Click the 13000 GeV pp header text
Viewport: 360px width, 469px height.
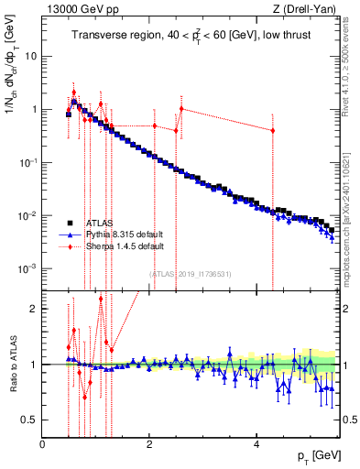click(74, 9)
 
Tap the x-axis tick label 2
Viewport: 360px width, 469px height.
click(148, 444)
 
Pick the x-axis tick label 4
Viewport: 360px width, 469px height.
click(256, 444)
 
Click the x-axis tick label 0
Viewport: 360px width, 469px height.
click(42, 444)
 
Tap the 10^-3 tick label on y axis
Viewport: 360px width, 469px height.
click(27, 269)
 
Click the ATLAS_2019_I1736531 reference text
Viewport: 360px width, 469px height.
click(191, 274)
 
